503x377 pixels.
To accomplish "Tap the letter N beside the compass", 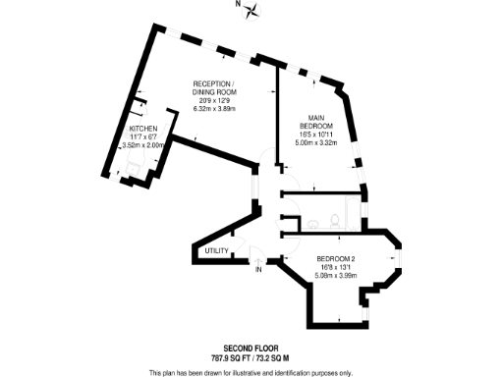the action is coord(237,5).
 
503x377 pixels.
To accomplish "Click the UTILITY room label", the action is coord(216,251).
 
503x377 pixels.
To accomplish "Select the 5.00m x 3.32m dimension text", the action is coord(317,143).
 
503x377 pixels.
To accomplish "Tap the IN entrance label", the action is coord(258,269).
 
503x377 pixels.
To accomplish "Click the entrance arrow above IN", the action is coord(258,259).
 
